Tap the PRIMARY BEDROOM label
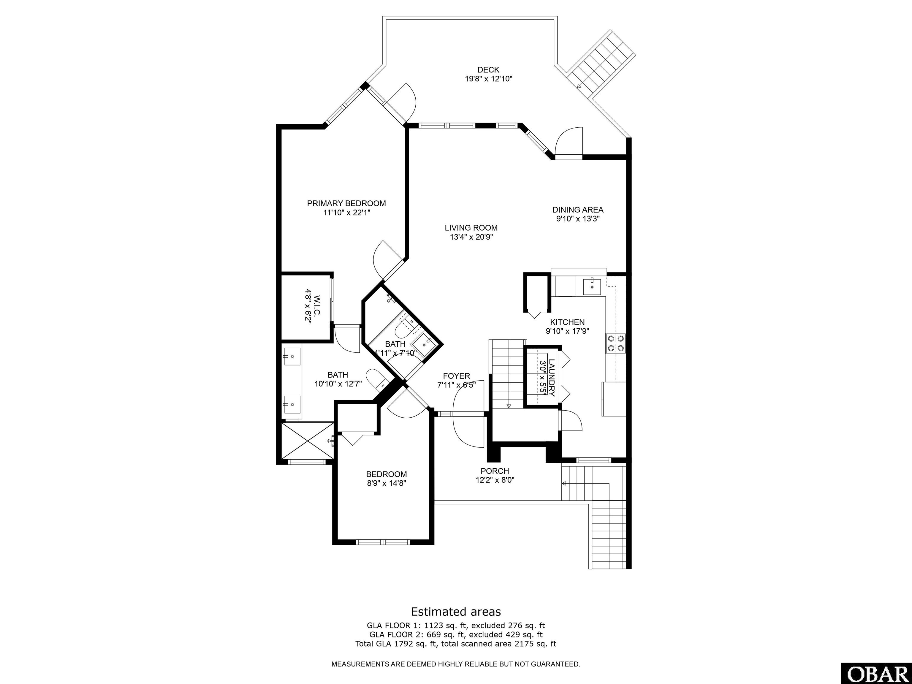(346, 203)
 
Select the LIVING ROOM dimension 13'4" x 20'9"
(471, 237)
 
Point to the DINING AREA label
(578, 210)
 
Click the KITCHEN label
(567, 322)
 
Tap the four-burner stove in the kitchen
(615, 343)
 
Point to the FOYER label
(456, 376)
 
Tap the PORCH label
(495, 471)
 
